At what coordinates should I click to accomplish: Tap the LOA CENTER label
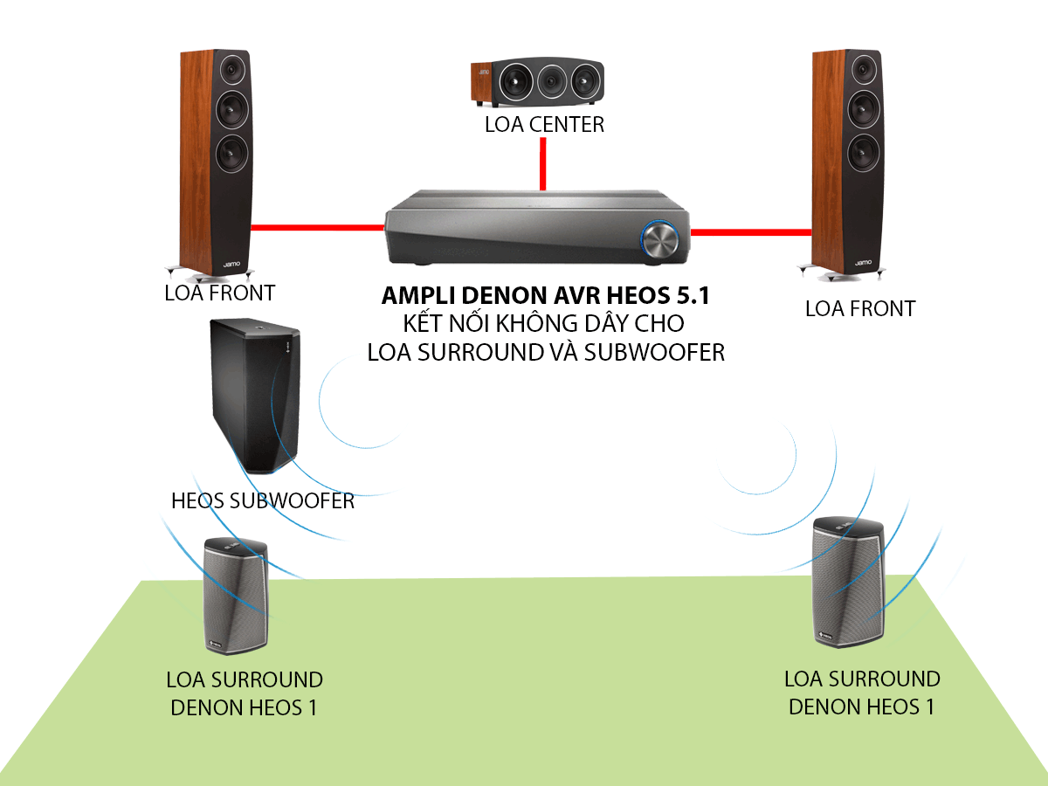544,124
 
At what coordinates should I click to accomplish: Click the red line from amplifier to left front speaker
318,227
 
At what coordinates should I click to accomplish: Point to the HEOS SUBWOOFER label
263,500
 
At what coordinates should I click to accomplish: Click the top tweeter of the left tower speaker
231,67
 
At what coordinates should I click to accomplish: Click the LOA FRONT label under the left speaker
219,293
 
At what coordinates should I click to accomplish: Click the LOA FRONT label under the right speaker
859,308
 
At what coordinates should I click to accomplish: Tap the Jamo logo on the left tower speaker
231,262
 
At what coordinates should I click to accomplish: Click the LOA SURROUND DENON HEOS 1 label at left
245,693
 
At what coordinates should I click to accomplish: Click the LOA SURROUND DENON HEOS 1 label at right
861,693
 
